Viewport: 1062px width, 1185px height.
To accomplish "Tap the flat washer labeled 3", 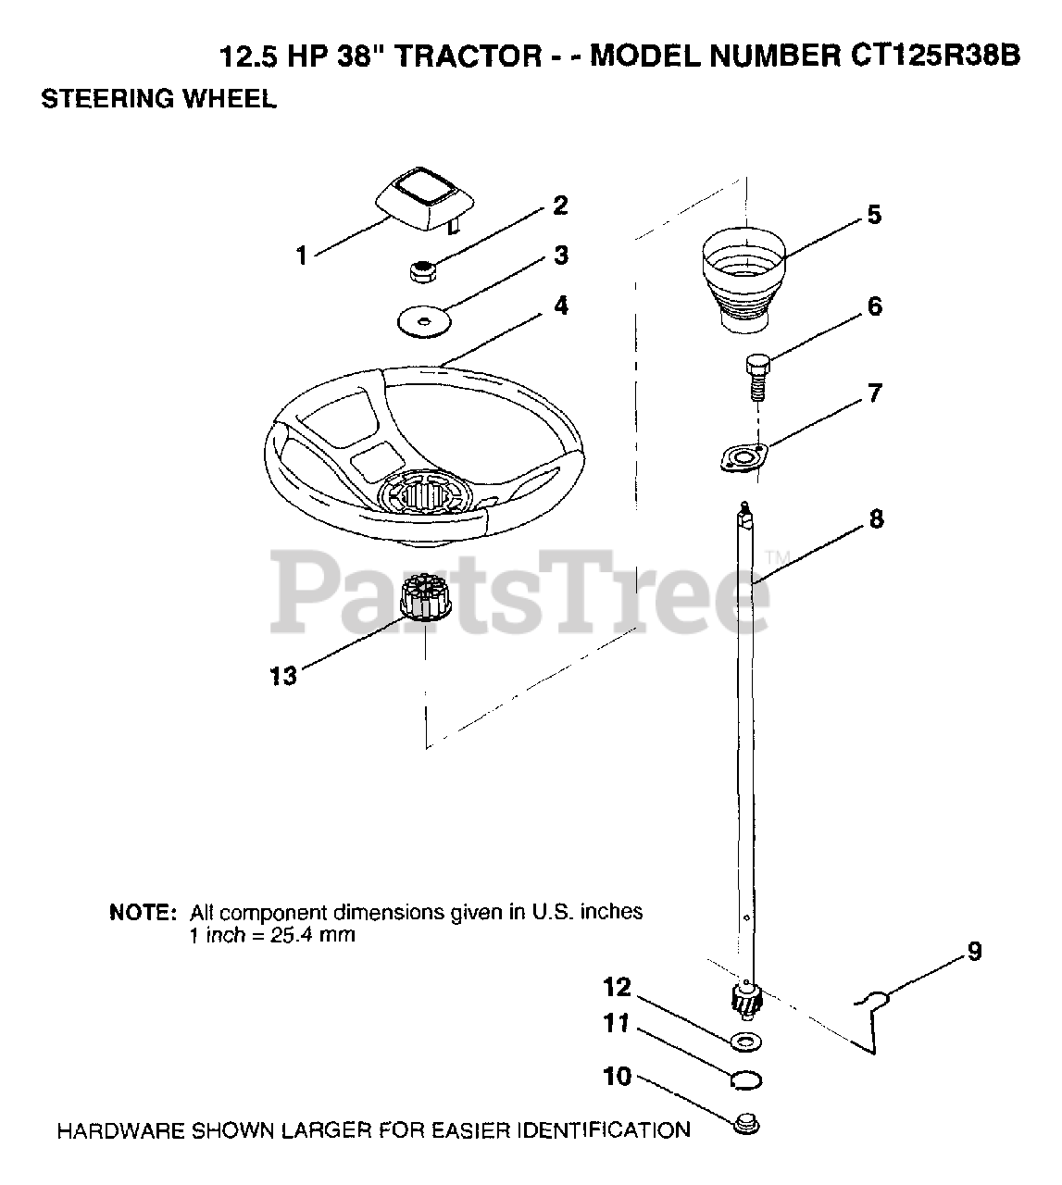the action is pyautogui.click(x=422, y=321).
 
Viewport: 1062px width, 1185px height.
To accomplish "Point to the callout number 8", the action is pyautogui.click(x=875, y=519).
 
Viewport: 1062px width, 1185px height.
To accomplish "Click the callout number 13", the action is pyautogui.click(x=283, y=677).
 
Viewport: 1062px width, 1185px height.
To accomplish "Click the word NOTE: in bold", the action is pyautogui.click(x=143, y=912).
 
